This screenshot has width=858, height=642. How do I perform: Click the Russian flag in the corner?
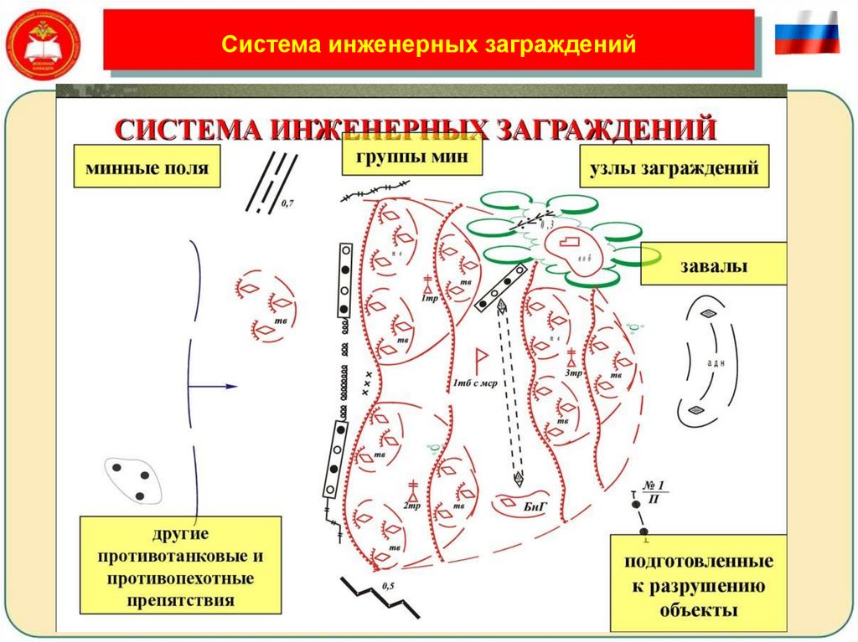[806, 33]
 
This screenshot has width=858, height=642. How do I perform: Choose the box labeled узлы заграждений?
[674, 167]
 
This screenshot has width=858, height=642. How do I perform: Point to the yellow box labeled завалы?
[713, 265]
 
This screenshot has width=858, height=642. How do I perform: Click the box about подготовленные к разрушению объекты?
[697, 584]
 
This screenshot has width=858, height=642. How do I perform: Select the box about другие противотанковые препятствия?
[181, 563]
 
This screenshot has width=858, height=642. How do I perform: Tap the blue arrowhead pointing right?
[230, 387]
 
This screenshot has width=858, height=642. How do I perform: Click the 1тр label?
[429, 299]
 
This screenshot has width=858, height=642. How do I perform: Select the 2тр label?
[411, 506]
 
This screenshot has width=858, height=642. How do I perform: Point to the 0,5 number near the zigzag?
[387, 586]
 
